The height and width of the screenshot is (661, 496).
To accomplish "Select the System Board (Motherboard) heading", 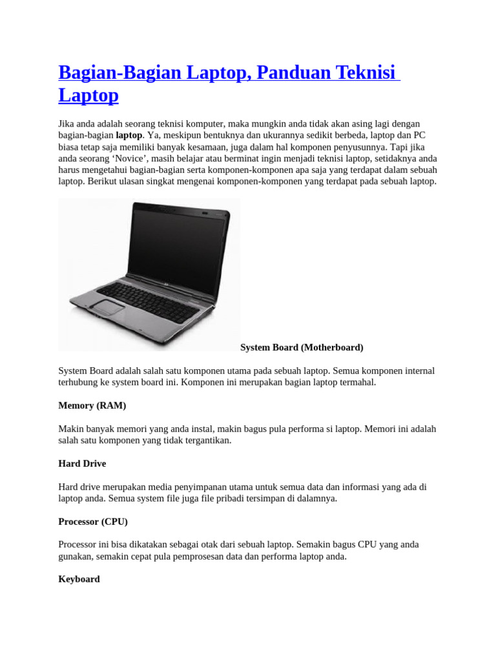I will pos(302,347).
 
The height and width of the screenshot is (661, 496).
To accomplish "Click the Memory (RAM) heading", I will pos(92,405).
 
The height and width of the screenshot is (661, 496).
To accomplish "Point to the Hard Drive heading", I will pos(82,463).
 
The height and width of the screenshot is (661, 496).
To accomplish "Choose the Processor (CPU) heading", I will pos(93,521).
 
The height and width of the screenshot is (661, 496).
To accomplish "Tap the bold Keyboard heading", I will pos(79,579).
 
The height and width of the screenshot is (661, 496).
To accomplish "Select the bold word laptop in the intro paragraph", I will pos(129,135).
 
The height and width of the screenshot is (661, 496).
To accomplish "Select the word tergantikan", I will pos(205,440).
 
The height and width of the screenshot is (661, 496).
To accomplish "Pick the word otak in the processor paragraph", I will pos(214,544).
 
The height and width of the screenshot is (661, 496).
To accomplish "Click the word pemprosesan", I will pos(207,556).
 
